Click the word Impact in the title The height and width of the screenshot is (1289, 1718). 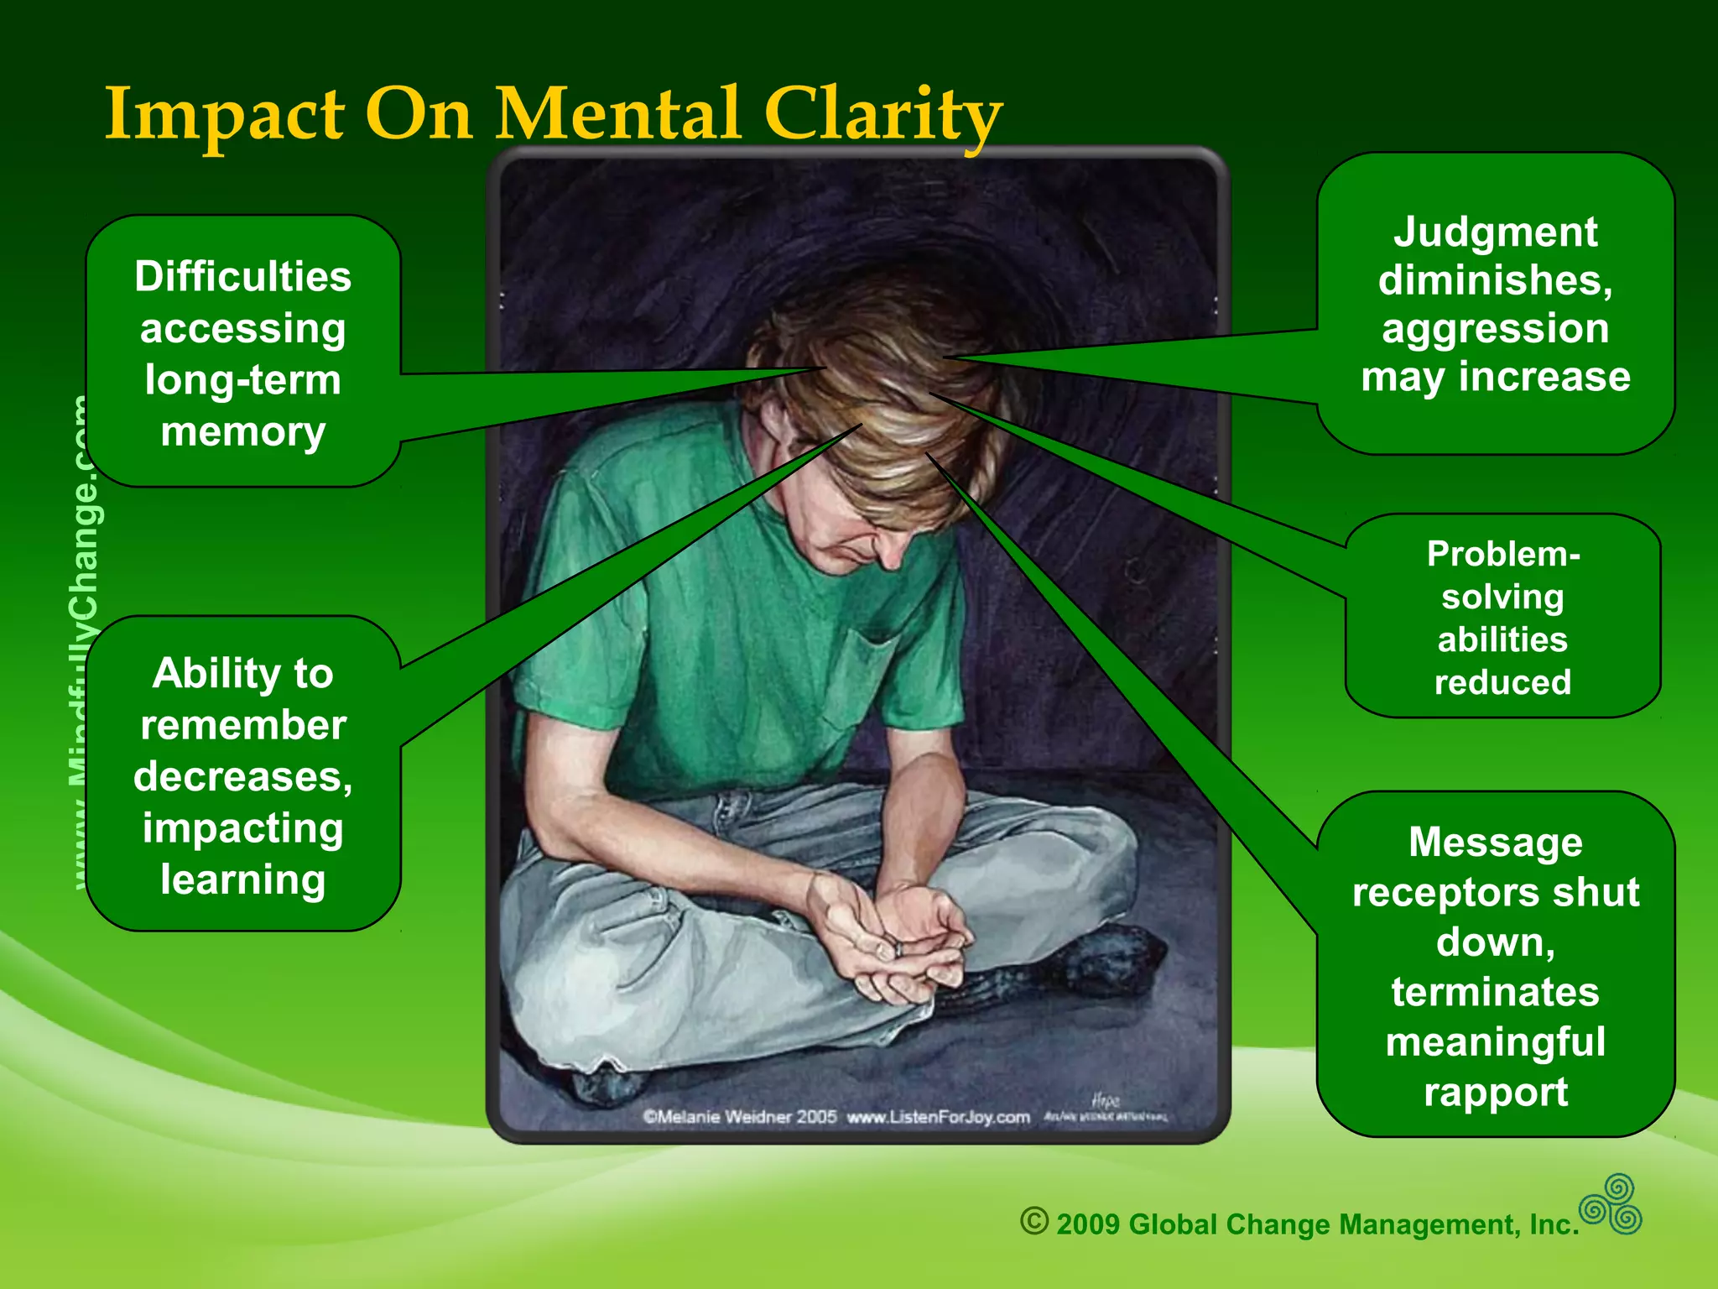(224, 115)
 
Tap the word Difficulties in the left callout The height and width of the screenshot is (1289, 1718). (242, 276)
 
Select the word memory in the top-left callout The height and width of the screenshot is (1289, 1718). (242, 431)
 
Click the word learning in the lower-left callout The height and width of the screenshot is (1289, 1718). (242, 879)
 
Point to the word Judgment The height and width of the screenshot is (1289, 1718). (1495, 232)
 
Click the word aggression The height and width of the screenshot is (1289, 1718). (1495, 328)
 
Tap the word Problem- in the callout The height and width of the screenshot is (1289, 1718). (1502, 554)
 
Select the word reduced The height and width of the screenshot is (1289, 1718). (1502, 682)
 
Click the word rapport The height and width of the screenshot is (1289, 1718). (1495, 1092)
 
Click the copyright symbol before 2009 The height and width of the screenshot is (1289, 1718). (1033, 1220)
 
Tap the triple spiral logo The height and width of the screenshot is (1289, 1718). (1611, 1204)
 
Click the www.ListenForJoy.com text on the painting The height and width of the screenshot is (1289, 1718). (938, 1117)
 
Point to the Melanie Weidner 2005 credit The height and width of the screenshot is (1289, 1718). (739, 1117)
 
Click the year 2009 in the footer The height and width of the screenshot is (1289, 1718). (1087, 1224)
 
